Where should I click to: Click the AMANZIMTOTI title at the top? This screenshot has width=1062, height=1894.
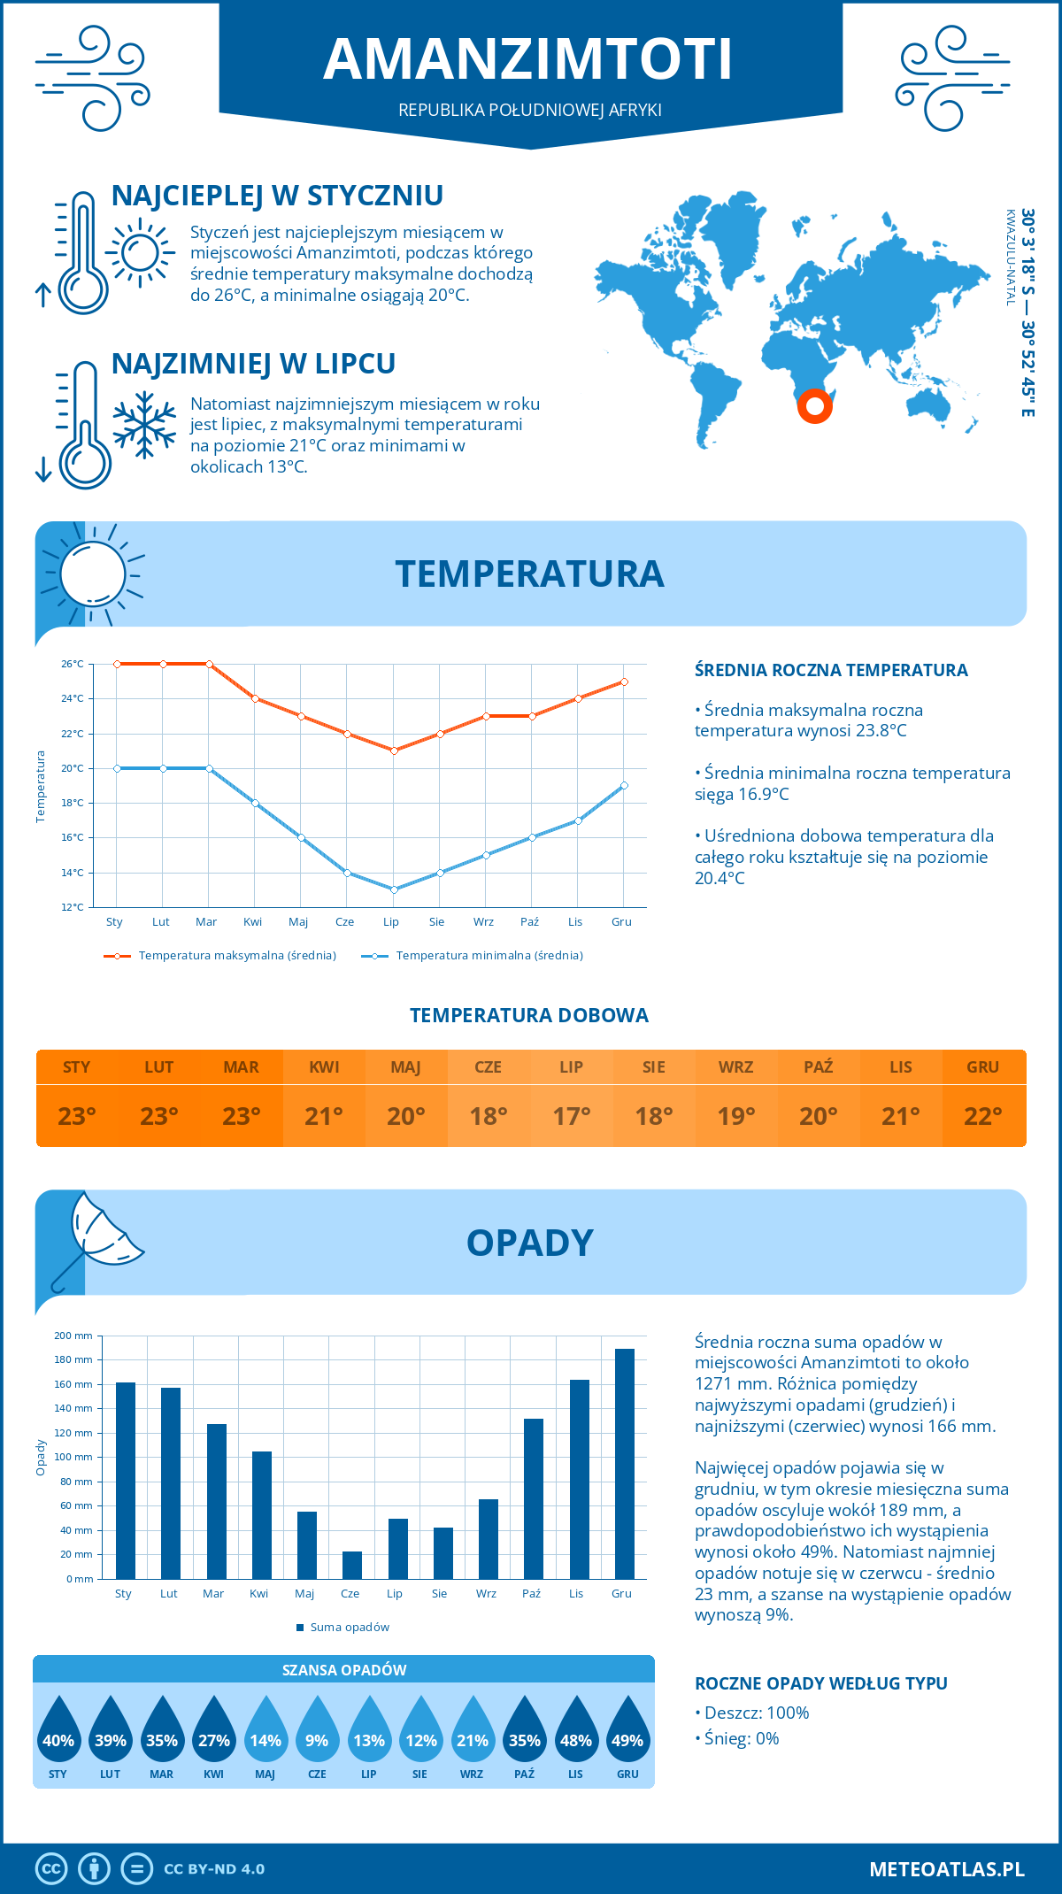(528, 59)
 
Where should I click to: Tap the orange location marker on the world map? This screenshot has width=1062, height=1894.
(814, 406)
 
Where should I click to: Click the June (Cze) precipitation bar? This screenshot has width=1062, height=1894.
(352, 1565)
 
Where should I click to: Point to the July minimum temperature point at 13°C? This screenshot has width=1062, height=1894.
(394, 889)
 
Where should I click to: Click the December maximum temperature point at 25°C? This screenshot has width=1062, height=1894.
(624, 681)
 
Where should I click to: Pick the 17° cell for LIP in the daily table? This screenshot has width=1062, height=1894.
(571, 1116)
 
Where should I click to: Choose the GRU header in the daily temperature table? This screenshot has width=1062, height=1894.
(982, 1066)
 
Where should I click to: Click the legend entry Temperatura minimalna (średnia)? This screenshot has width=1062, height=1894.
(489, 955)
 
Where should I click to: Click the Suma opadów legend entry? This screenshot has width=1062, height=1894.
(350, 1627)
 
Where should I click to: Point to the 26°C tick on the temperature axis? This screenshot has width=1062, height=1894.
(73, 664)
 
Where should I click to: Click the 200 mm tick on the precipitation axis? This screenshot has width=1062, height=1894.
(73, 1336)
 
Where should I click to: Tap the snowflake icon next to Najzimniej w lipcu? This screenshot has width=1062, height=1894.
(144, 425)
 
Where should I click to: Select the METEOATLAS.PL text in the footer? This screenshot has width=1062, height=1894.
(946, 1868)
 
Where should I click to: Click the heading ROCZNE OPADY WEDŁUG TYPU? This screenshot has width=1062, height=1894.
(820, 1682)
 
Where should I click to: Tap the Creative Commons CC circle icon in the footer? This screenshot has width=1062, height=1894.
(51, 1868)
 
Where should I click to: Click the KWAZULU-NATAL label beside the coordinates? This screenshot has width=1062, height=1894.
(1010, 258)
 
